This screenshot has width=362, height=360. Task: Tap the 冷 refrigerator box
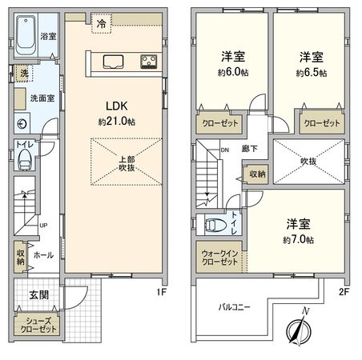(x=103, y=23)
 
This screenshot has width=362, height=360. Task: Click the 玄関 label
(x=38, y=294)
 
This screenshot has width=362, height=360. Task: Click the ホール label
(x=45, y=256)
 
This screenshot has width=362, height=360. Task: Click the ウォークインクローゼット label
(x=219, y=258)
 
